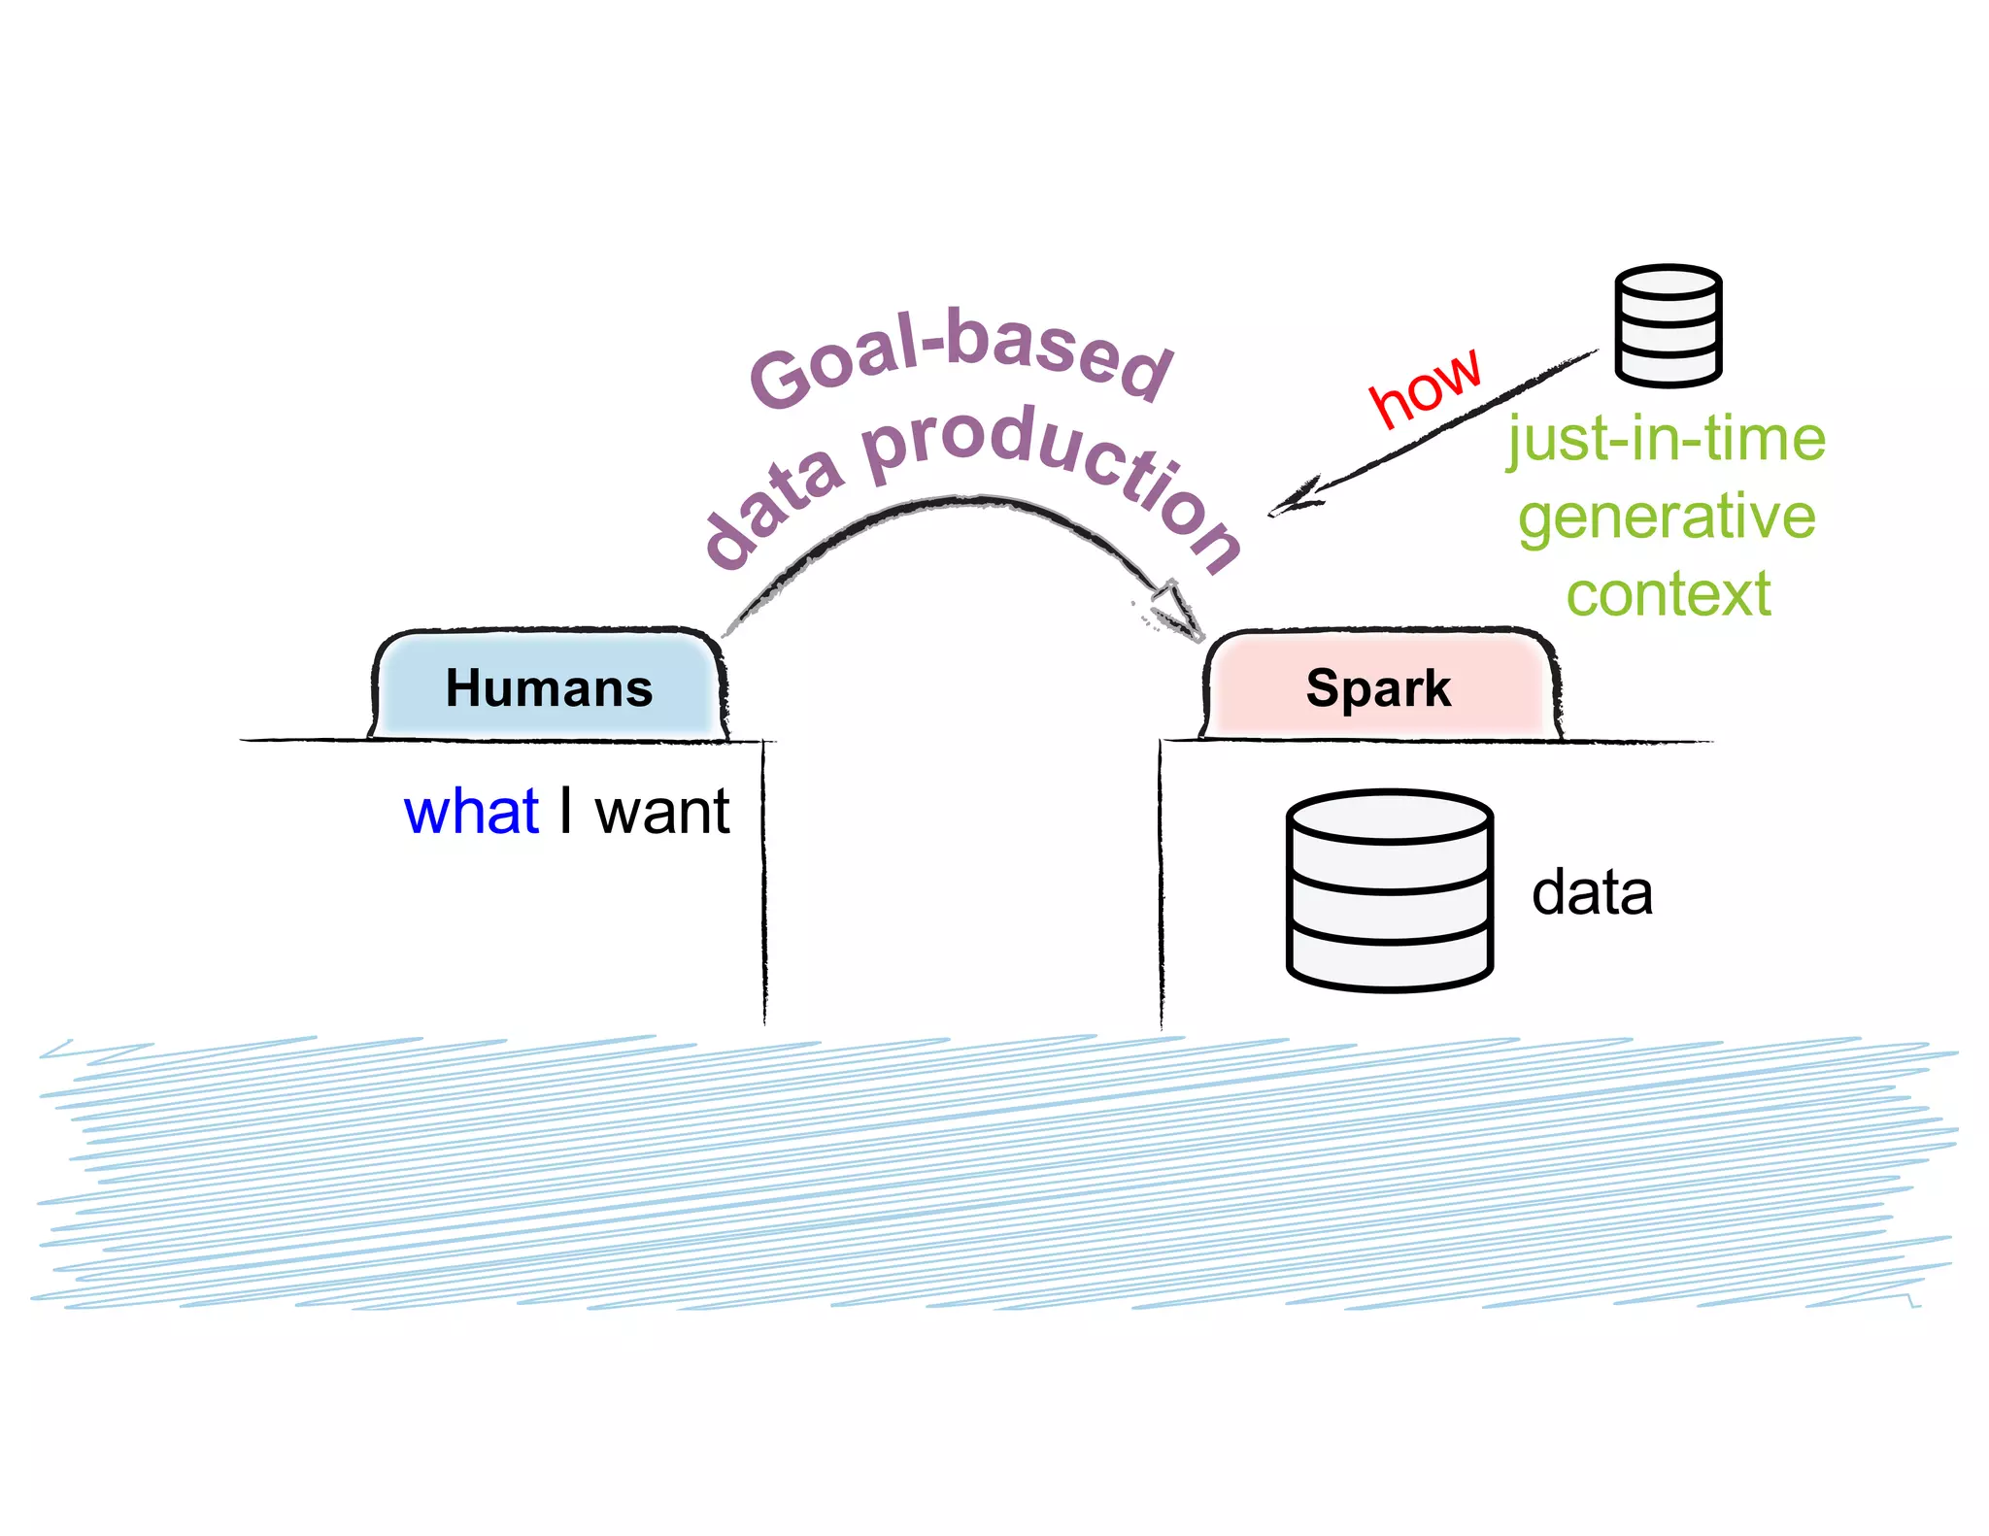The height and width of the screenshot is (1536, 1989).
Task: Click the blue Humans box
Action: tap(549, 687)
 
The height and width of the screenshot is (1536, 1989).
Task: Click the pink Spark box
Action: tap(1379, 687)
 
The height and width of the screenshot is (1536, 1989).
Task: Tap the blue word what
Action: tap(471, 812)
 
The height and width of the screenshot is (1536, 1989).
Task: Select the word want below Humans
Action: tap(662, 812)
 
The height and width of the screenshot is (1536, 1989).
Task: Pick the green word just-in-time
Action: tap(1666, 439)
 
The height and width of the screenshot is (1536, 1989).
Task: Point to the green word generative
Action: tap(1667, 517)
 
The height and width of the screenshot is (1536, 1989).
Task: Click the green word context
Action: tap(1669, 594)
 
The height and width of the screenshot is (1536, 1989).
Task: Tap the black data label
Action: tap(1592, 892)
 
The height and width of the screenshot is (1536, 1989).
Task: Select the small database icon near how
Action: tap(1669, 325)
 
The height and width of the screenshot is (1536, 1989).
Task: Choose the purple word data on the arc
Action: tap(772, 510)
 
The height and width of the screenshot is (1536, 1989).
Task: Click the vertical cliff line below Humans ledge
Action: tap(763, 884)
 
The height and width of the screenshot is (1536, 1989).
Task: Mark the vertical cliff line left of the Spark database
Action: tap(1161, 884)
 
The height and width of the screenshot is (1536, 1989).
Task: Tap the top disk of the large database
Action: tap(1390, 817)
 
